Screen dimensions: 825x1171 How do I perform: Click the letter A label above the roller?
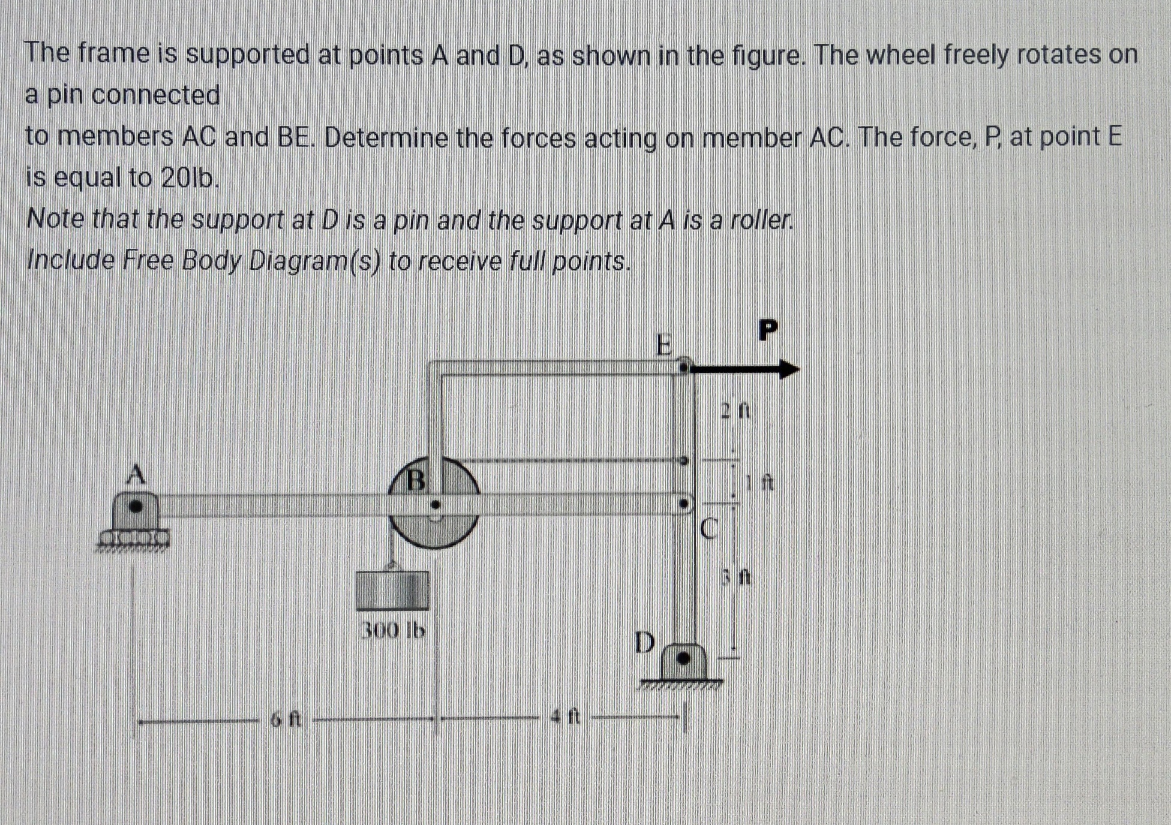(136, 474)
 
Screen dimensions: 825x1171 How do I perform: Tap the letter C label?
(708, 529)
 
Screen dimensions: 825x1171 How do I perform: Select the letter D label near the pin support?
(645, 642)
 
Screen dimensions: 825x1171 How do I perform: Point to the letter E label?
(663, 345)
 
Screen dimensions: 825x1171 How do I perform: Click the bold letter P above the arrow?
(768, 330)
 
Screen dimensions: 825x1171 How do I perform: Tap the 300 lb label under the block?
(392, 630)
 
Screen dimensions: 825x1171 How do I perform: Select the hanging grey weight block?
(392, 590)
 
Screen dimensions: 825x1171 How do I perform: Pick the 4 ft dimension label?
(566, 716)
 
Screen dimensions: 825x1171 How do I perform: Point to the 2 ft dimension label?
(735, 411)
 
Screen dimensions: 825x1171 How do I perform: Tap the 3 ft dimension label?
(735, 577)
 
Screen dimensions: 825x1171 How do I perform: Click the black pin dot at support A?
(136, 506)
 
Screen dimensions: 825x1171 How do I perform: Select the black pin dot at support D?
(683, 658)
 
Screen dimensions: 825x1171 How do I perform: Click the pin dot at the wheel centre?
(436, 505)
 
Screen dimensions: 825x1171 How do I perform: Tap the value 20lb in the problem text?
(188, 177)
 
